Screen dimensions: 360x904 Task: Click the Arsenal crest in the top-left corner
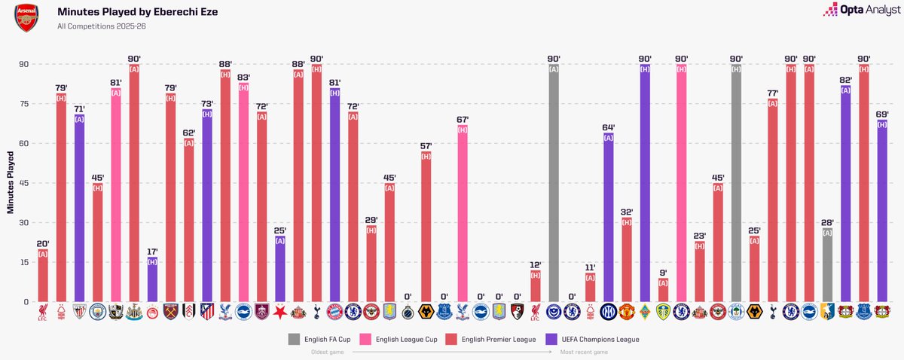click(27, 17)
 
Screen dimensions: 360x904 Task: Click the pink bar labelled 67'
click(463, 213)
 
